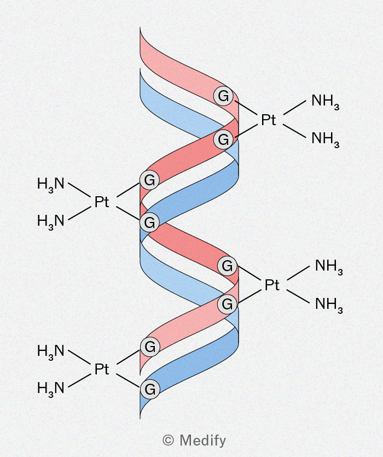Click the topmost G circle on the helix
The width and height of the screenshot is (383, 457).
[x=223, y=96]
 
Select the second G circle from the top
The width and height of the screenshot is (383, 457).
[x=223, y=139]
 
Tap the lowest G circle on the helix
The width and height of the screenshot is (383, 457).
[x=150, y=389]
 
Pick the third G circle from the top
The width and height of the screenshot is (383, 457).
[x=149, y=180]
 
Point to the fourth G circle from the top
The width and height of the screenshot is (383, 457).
[x=149, y=222]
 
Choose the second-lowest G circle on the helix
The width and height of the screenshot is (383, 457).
[x=150, y=347]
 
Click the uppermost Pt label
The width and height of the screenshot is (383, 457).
[x=268, y=120]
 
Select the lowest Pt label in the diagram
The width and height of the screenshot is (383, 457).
[x=102, y=370]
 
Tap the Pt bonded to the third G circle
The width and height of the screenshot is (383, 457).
[x=102, y=202]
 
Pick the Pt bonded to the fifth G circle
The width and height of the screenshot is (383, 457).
[x=272, y=285]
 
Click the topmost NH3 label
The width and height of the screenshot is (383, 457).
[x=325, y=101]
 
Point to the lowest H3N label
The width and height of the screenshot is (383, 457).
[x=51, y=389]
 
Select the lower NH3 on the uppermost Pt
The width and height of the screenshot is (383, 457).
[x=325, y=139]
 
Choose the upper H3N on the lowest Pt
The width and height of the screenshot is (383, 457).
[x=51, y=351]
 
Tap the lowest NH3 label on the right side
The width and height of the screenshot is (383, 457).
[x=329, y=304]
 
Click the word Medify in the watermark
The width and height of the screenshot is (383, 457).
[x=203, y=441]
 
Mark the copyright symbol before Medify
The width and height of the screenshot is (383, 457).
[x=169, y=440]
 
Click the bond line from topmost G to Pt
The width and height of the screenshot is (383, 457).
[x=245, y=107]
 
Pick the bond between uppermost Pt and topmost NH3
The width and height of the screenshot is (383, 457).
[x=294, y=107]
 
